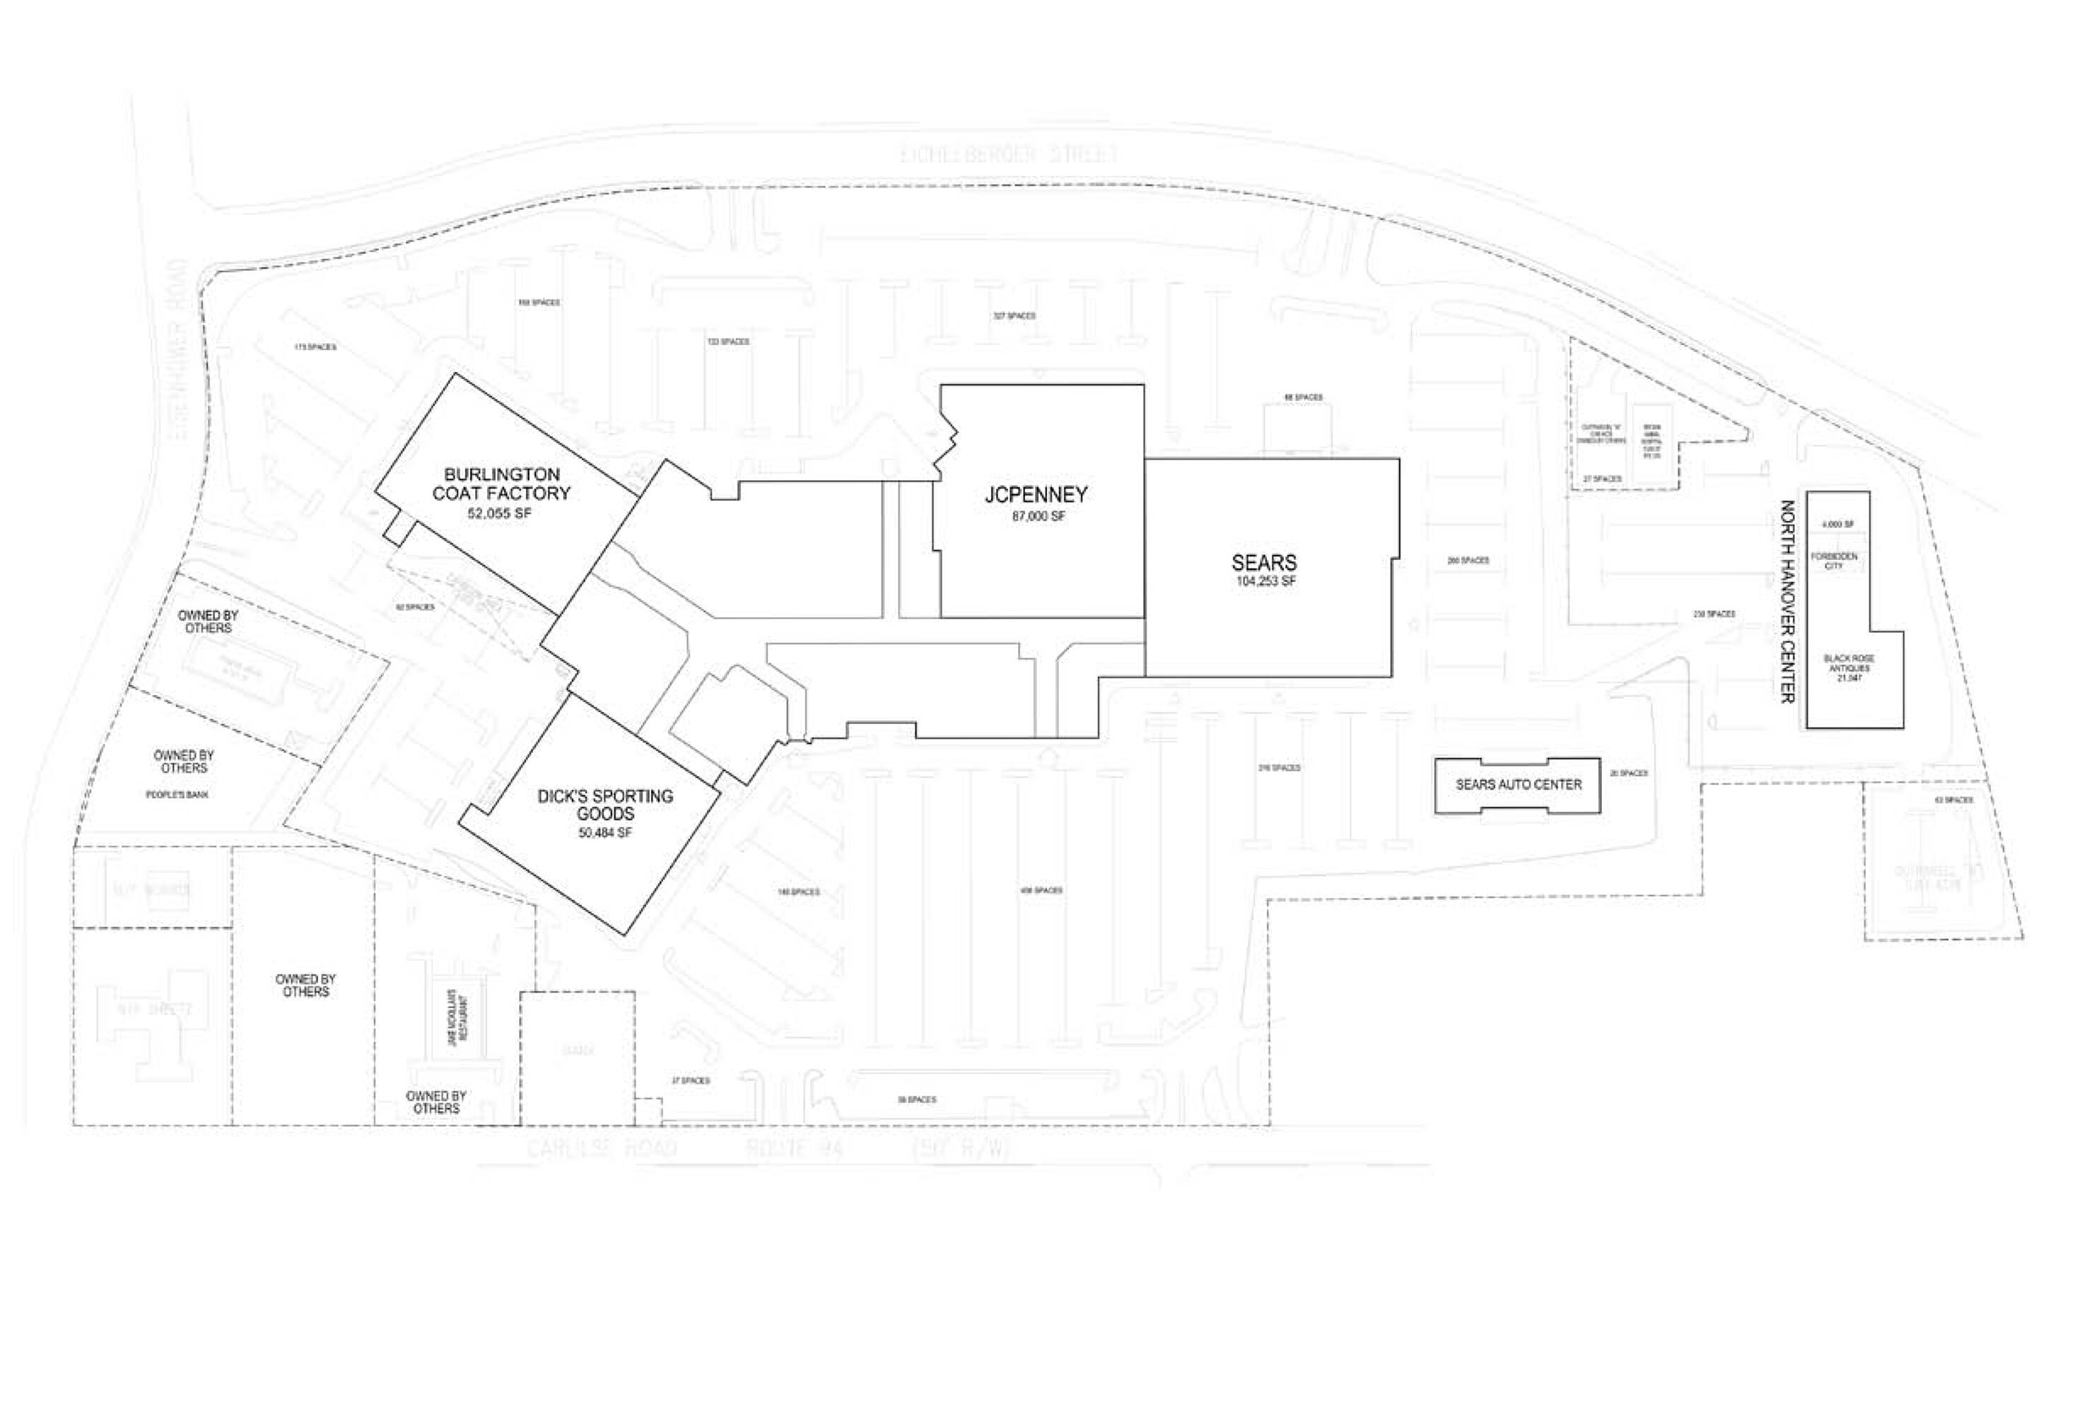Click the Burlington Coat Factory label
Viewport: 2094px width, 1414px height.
click(501, 484)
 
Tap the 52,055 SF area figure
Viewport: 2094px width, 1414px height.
click(499, 514)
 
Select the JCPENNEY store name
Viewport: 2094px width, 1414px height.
click(1036, 495)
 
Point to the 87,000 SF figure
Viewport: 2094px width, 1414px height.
click(1038, 518)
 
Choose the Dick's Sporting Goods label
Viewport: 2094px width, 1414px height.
click(604, 805)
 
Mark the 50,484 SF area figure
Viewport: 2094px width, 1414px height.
click(604, 833)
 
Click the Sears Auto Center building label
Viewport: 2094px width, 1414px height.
click(1519, 785)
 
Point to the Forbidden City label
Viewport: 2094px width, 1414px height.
click(1834, 561)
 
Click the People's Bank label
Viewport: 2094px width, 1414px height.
click(177, 795)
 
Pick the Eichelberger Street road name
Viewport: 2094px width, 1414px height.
click(1009, 154)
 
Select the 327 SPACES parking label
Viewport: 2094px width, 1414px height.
click(1014, 316)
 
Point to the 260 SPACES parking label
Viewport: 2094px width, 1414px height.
click(1468, 561)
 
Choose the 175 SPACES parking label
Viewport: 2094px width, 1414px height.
click(315, 347)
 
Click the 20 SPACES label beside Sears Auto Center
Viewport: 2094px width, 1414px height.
click(1628, 773)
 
